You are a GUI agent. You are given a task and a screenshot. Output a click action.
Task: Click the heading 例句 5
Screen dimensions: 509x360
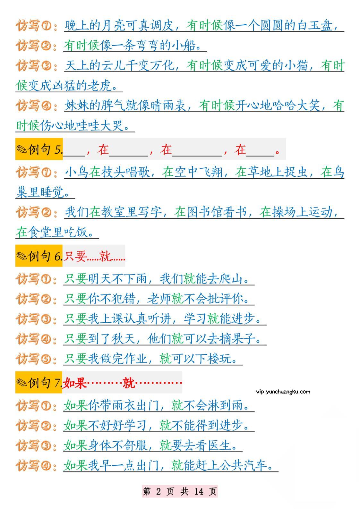point(39,149)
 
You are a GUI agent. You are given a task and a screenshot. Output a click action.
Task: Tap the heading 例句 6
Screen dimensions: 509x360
point(39,256)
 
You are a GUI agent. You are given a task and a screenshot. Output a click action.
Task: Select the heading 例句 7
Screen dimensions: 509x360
point(39,382)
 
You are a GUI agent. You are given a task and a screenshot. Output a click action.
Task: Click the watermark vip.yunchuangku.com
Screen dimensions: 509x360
point(283,391)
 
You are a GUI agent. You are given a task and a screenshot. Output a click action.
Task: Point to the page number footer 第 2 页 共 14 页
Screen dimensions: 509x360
point(180,491)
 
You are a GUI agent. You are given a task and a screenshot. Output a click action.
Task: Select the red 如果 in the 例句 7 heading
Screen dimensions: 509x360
point(75,382)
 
